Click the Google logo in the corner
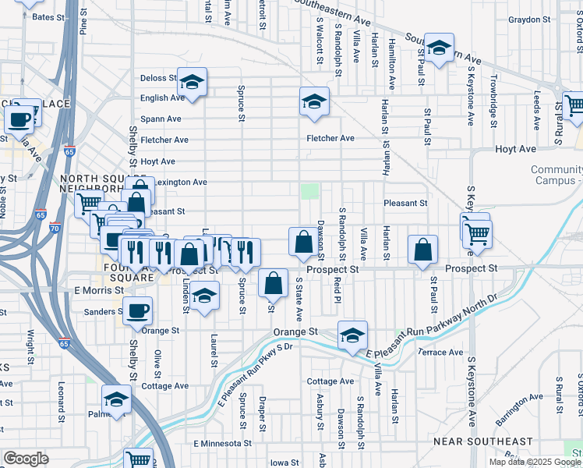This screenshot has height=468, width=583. coord(26,459)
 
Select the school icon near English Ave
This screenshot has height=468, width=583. coord(192,81)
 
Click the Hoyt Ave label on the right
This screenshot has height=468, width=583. coord(515,148)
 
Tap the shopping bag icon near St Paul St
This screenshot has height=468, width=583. coord(422,250)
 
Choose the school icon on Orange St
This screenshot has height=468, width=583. coord(352,335)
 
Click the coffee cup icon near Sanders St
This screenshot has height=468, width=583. coord(138,310)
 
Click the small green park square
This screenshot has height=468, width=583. coord(310,191)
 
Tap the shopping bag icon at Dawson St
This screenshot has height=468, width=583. coord(302,242)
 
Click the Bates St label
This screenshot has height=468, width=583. coord(48,16)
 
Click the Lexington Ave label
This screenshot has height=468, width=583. coord(181,182)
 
